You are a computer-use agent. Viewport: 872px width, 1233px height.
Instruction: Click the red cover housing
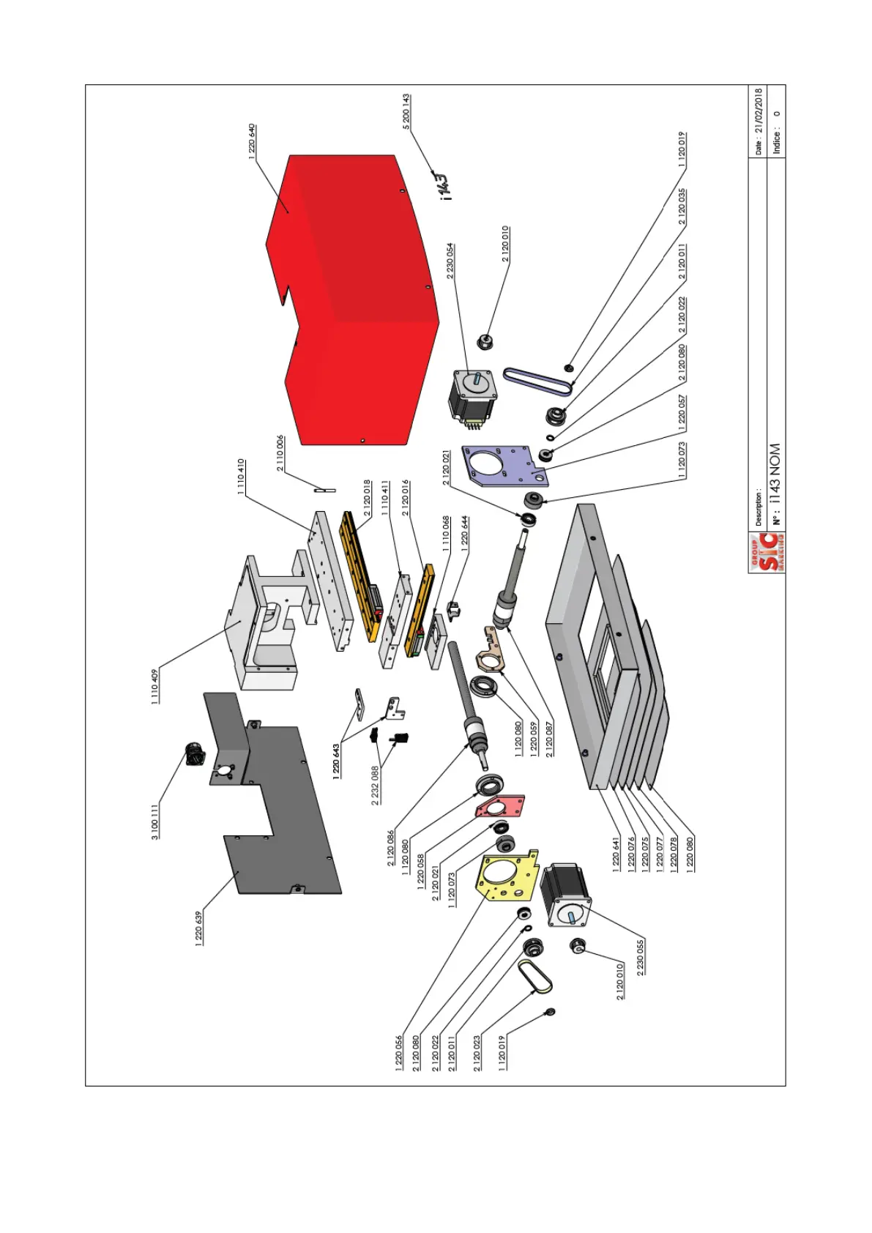tap(351, 293)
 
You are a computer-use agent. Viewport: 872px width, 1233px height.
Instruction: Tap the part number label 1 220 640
tap(253, 141)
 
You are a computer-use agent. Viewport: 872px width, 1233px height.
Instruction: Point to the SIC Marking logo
tap(767, 553)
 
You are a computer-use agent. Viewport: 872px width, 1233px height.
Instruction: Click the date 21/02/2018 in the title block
tap(759, 122)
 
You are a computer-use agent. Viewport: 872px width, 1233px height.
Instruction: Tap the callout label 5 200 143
tap(406, 112)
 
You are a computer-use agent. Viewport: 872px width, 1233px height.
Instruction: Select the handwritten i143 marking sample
tap(441, 186)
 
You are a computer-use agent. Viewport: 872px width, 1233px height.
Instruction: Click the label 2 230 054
tap(450, 261)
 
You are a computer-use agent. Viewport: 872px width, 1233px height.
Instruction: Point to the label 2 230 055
tap(641, 958)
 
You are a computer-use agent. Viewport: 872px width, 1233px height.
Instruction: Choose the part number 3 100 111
tap(154, 822)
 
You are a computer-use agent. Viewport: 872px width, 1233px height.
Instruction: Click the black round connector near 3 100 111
tap(195, 753)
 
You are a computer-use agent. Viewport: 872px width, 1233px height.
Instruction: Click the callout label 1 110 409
tap(154, 687)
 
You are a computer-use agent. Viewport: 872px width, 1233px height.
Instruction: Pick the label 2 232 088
tap(375, 786)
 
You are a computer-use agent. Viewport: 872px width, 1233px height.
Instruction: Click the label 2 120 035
tap(682, 207)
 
